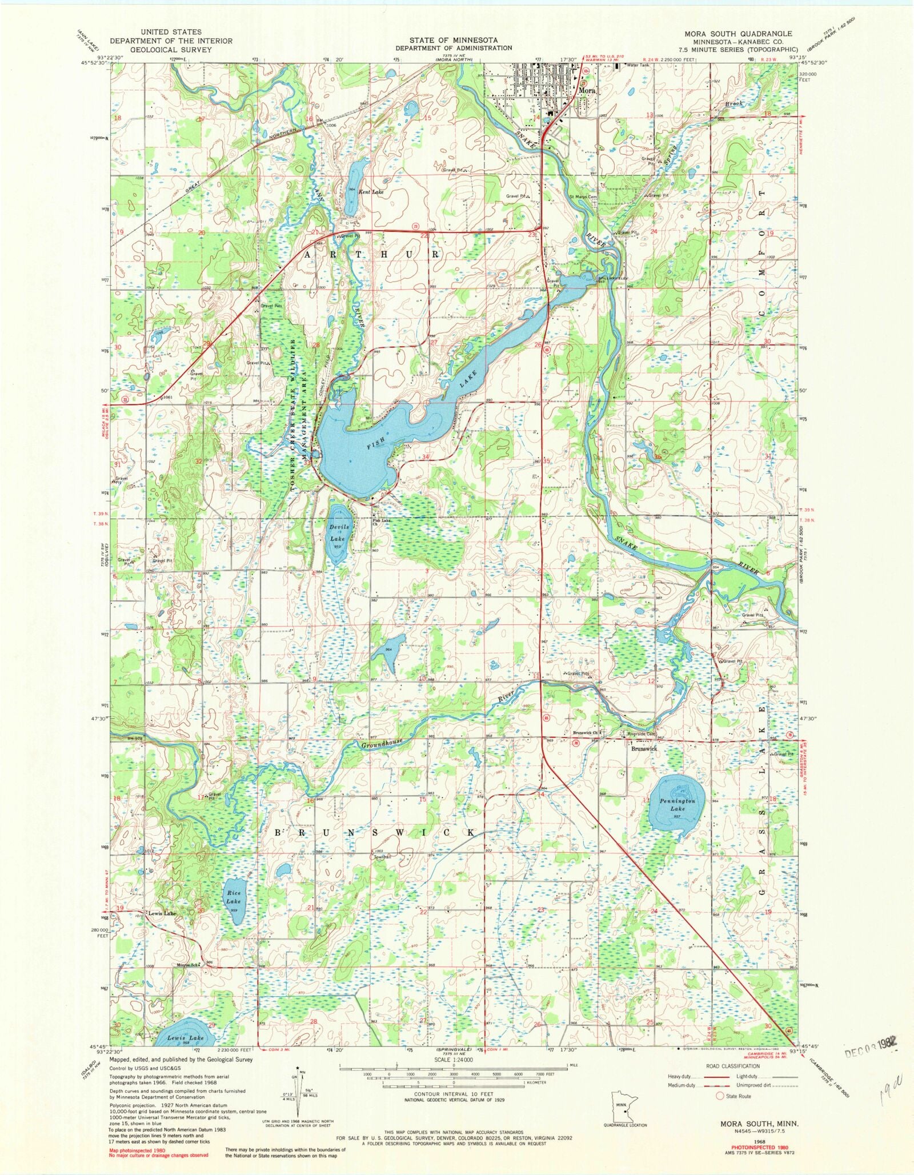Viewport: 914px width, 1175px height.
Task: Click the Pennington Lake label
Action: tap(678, 805)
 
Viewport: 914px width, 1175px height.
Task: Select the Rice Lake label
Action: tap(233, 897)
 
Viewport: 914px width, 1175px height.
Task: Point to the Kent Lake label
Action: tap(371, 193)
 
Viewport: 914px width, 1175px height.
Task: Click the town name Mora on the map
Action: tap(587, 90)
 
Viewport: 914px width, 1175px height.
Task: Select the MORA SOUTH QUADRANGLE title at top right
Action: tap(738, 34)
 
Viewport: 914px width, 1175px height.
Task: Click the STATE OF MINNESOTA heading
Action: tap(452, 40)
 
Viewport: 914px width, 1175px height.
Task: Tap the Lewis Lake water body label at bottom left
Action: tap(186, 1037)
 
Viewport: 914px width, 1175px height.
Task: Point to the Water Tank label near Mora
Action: tap(638, 65)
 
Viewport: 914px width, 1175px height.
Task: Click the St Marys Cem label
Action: tap(583, 197)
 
